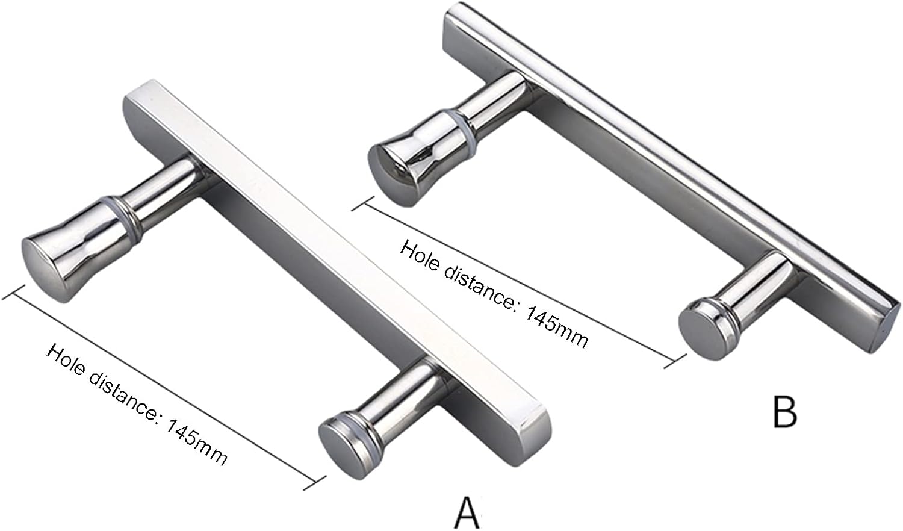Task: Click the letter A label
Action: pyautogui.click(x=467, y=512)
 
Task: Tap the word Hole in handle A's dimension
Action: pyautogui.click(x=67, y=361)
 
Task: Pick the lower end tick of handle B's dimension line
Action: pyautogui.click(x=678, y=361)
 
